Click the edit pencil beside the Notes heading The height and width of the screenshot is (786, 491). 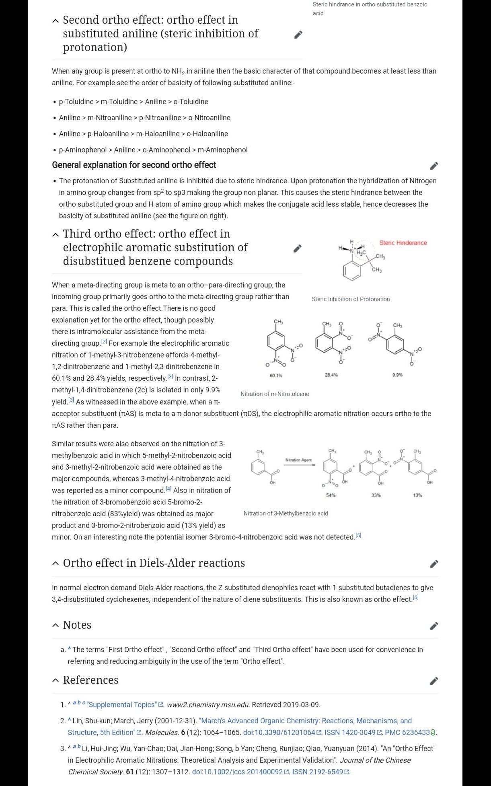tap(434, 626)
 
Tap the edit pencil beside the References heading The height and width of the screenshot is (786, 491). tap(434, 681)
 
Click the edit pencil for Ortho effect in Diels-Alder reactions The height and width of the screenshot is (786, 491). tap(434, 564)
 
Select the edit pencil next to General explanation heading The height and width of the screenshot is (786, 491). tap(434, 166)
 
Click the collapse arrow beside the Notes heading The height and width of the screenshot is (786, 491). tap(55, 626)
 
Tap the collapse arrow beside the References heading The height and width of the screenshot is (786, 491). tap(55, 680)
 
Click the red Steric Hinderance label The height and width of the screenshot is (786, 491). tap(403, 243)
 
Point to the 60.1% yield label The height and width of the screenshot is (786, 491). tap(276, 376)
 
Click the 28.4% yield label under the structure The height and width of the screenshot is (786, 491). tap(331, 375)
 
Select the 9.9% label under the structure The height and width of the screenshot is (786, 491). tap(397, 375)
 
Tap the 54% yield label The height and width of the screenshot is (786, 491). tap(331, 495)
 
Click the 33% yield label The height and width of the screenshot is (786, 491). tap(376, 495)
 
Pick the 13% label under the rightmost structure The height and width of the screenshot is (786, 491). tap(417, 495)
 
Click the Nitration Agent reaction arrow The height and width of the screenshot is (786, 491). tap(299, 465)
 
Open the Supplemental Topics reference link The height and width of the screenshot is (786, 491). tap(121, 705)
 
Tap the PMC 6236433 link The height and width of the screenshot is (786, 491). tap(407, 733)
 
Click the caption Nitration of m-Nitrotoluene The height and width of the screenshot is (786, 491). tap(275, 394)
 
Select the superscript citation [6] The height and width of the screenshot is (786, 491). tap(416, 597)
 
